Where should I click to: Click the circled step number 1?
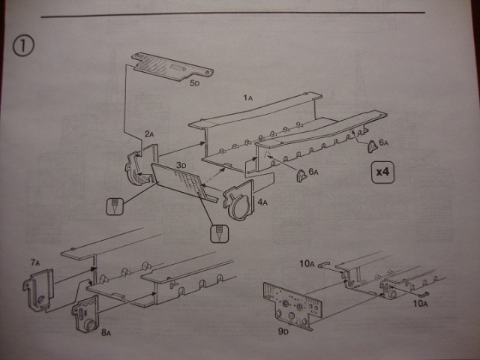pos(21,45)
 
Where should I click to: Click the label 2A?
pos(148,134)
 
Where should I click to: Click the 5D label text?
pos(194,84)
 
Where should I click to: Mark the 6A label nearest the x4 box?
pos(383,141)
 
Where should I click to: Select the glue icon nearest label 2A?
pos(115,205)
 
